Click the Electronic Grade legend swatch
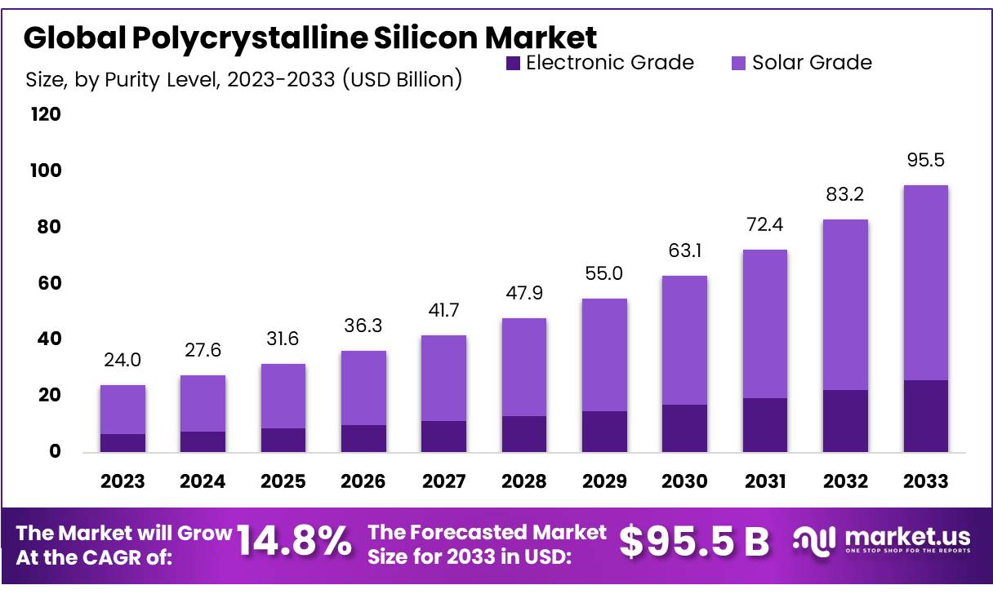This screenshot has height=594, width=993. coord(514,63)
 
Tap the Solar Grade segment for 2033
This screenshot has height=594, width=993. coord(926,282)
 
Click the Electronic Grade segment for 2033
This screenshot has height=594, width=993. coord(926,416)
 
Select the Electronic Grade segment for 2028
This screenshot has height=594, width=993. coord(524,434)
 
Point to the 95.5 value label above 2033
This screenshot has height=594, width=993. coord(926,160)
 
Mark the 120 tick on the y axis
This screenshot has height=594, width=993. coord(46,114)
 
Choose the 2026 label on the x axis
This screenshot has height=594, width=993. coord(363,481)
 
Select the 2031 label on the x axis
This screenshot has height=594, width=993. coord(765,481)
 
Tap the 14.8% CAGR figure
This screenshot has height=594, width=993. coord(294,542)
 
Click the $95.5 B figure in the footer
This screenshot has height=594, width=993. coord(694,542)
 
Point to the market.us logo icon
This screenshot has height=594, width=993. coord(813,540)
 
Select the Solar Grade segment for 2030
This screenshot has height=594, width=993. coord(684,340)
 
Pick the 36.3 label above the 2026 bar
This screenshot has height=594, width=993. coord(363,326)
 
